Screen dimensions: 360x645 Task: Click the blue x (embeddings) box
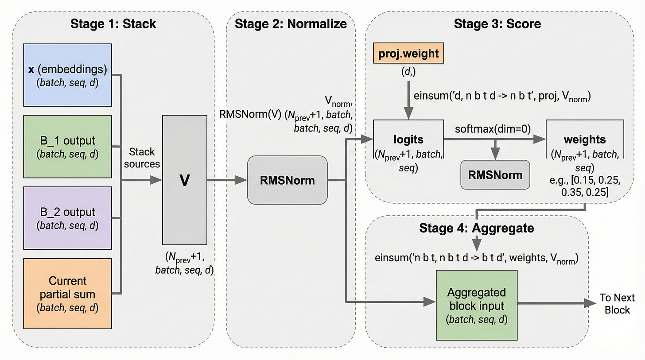tap(67, 75)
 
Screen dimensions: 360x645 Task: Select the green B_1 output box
tap(67, 147)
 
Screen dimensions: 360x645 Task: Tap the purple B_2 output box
tap(67, 218)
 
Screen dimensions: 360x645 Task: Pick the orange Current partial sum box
tap(67, 293)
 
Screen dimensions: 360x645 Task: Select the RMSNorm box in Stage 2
tap(287, 180)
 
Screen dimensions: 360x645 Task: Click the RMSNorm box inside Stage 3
tap(495, 175)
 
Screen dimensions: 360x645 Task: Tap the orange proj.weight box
tap(408, 54)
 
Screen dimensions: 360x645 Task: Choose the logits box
tap(408, 147)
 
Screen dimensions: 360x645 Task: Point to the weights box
tap(584, 147)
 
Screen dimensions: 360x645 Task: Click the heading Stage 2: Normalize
tap(291, 23)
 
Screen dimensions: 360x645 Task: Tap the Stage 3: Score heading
tap(497, 23)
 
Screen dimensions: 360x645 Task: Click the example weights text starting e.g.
tap(584, 187)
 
